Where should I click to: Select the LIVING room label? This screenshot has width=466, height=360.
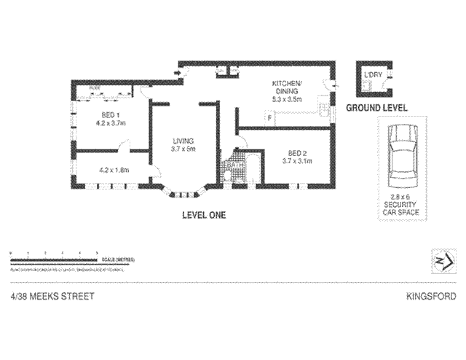point(183,141)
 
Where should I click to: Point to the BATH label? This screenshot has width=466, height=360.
point(234,165)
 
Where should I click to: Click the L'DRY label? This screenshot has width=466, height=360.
point(373,75)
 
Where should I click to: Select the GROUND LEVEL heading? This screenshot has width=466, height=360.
point(376,108)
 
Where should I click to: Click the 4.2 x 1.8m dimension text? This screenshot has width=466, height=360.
point(114,171)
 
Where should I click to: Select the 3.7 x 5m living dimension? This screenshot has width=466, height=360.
point(183,149)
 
